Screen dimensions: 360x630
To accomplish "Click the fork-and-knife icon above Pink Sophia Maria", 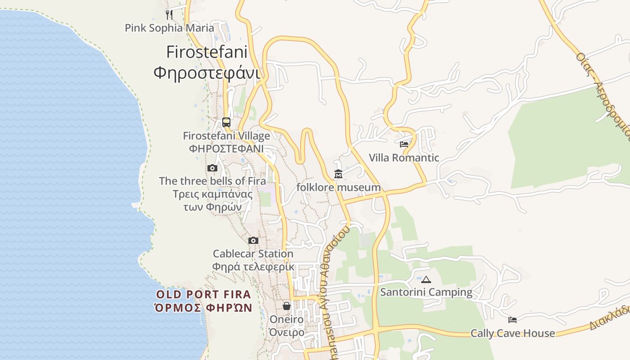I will pos(169,14).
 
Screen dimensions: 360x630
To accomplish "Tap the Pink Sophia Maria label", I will pos(169,28).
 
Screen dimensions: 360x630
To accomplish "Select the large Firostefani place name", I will pos(207,52).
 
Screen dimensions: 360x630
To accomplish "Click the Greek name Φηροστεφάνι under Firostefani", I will pos(207,72).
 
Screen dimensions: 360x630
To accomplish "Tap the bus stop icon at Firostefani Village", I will pos(226,122).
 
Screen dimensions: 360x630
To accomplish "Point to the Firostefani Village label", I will pos(226,136).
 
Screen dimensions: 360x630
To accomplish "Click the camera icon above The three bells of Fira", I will pos(212,168).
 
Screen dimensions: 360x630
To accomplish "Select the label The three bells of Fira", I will pos(212,181).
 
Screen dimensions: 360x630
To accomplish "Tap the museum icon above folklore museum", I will pos(338,174).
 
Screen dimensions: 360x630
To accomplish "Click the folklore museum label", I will pos(338,187).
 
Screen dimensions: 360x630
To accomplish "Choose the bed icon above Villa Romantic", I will pos(404,144).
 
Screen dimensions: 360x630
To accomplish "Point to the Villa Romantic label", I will pos(404,158).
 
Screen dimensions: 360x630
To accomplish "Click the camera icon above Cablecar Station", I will pos(253,240).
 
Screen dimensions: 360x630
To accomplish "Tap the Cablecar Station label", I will pos(253,254).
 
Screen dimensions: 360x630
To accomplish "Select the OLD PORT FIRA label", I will pos(203,295).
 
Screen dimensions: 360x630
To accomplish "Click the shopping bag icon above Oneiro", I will pos(287,306).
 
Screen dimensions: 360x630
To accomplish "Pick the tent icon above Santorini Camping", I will pos(426,279).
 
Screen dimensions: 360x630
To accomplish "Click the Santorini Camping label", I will pos(426,292).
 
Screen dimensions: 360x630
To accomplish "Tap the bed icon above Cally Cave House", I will pos(513,320).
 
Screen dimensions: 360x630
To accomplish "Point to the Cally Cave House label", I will pos(513,333).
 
